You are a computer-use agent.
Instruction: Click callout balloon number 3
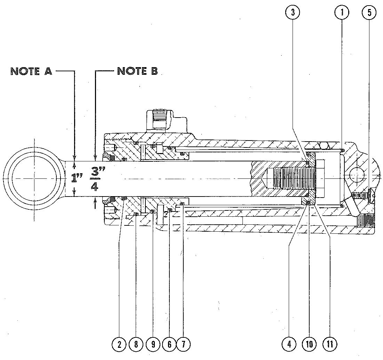(293, 13)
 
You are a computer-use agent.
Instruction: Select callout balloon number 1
(342, 13)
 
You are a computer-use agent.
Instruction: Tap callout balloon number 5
(369, 13)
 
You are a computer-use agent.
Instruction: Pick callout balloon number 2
(119, 344)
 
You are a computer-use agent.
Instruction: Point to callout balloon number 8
(136, 344)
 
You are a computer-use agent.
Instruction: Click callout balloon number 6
(169, 344)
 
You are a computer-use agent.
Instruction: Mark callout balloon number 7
(184, 344)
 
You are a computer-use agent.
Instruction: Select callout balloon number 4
(289, 344)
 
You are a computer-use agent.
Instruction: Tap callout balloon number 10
(309, 344)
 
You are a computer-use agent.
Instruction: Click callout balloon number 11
(330, 344)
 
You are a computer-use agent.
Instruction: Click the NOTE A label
(31, 71)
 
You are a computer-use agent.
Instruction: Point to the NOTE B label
(137, 71)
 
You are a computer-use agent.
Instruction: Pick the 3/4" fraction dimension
(95, 178)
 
